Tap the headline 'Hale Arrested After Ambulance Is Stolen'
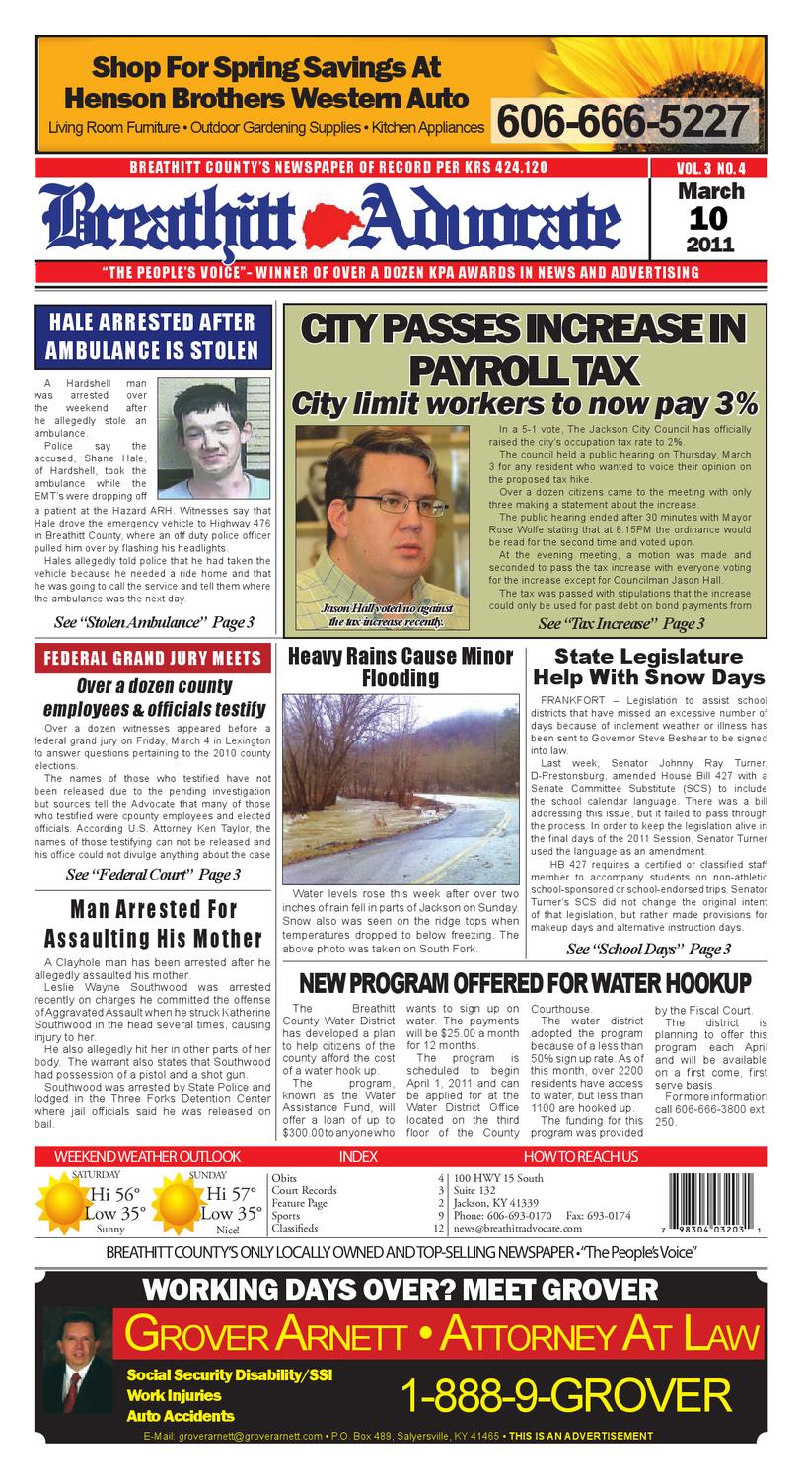click(152, 335)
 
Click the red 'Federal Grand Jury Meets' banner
click(152, 658)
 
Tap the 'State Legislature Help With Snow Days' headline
click(648, 667)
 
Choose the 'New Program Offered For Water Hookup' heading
click(524, 983)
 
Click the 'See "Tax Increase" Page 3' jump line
click(620, 623)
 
